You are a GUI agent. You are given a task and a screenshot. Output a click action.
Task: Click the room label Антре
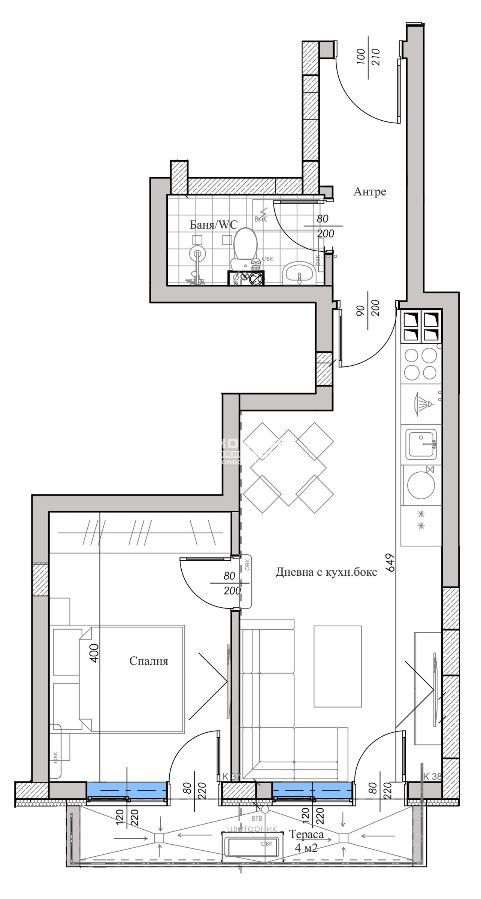(x=369, y=192)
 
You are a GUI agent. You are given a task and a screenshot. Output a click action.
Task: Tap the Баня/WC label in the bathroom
(x=214, y=225)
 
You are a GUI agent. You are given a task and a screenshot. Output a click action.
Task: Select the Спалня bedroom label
(x=149, y=661)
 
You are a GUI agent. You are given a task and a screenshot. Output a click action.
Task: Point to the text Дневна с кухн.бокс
(x=326, y=572)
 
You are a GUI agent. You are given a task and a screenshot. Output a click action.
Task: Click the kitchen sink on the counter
(x=421, y=445)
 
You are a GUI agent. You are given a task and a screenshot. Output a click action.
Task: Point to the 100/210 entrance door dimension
(x=369, y=57)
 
